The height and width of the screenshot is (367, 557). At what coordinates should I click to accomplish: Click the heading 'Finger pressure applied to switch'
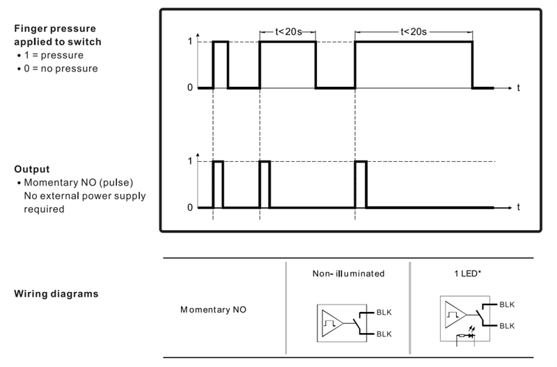point(58,35)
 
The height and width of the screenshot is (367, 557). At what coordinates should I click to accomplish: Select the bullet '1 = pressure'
point(54,56)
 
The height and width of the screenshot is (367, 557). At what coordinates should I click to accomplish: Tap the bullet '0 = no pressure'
point(61,68)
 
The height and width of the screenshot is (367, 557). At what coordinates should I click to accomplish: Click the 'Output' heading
point(32,169)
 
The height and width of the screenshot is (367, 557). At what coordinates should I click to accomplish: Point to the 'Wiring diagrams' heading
point(56,293)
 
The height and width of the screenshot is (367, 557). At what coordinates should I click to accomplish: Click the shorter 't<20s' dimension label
point(288,32)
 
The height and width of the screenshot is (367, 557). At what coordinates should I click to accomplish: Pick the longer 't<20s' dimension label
point(414,32)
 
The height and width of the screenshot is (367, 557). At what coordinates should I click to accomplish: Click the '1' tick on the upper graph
point(190,42)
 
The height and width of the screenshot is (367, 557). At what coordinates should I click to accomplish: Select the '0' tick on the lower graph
point(190,207)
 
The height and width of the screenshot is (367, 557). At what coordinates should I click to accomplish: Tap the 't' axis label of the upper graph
point(518,88)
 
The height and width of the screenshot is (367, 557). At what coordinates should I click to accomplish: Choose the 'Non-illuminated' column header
point(349,273)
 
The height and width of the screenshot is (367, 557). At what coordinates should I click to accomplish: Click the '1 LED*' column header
point(467,273)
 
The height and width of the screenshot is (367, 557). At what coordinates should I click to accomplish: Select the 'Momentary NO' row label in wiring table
point(213,309)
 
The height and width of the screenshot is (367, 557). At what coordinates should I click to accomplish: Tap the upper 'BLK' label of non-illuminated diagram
point(384,312)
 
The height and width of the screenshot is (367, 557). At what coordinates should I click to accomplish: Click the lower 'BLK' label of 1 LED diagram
point(507,326)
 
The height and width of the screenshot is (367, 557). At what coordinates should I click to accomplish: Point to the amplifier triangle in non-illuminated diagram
point(332,323)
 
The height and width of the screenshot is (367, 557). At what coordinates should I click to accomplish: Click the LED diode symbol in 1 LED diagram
point(471,335)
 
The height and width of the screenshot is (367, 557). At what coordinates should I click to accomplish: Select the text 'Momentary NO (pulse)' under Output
point(79,183)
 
